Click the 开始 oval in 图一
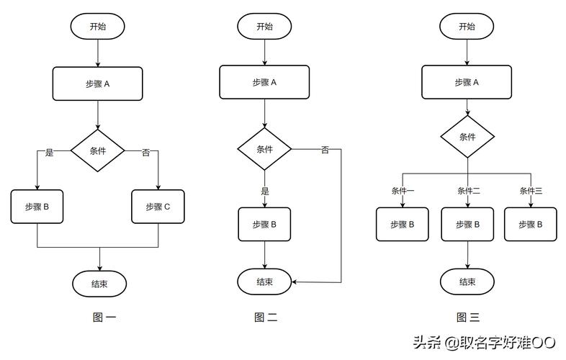pos(97,27)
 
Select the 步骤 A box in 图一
pos(97,84)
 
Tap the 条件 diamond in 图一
pos(97,150)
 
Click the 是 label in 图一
pos(50,153)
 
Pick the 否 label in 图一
pos(146,153)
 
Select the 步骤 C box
pos(158,207)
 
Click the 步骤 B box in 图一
pos(37,207)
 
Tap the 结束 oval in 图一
pos(99,284)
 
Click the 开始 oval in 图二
pos(264,27)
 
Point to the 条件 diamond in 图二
pos(264,149)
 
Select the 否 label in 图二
pos(325,150)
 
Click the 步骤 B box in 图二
pos(264,224)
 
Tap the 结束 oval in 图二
pos(264,282)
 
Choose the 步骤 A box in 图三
pos(467,82)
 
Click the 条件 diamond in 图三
pos(467,137)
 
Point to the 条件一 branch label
pos(403,191)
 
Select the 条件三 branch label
pos(531,191)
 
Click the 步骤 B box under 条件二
pos(467,224)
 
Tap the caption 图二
pos(266,318)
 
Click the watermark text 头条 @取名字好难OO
pos(485,342)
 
